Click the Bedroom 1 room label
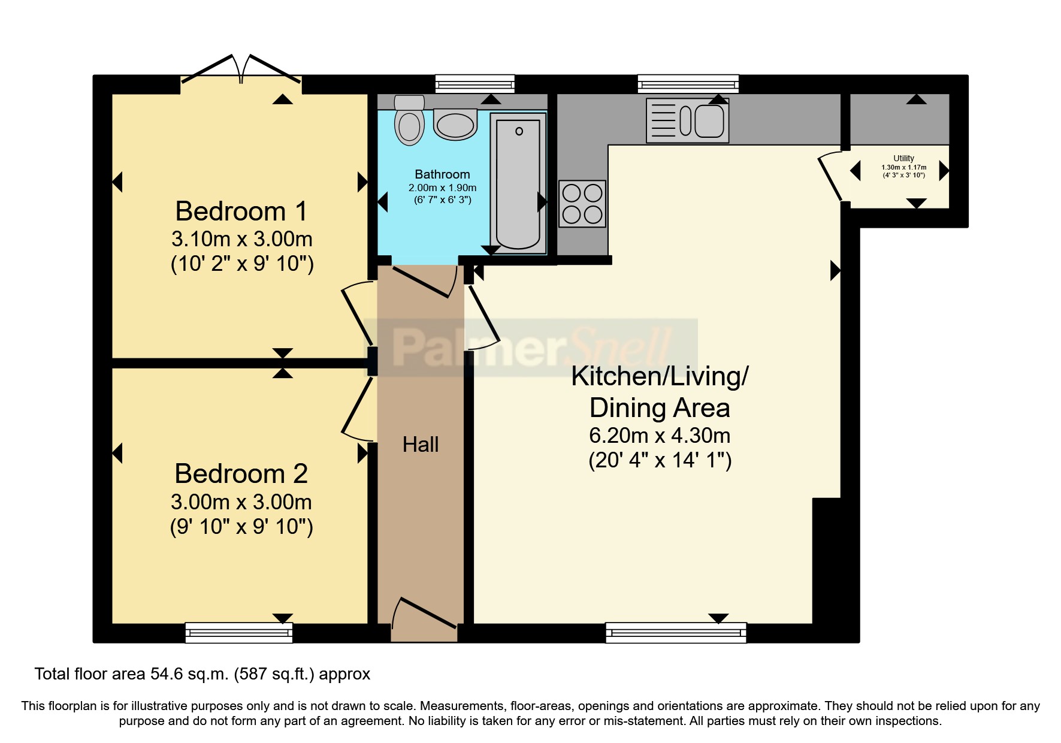click(241, 212)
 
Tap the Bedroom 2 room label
click(241, 474)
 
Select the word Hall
click(421, 445)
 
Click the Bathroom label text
click(442, 174)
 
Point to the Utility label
click(903, 158)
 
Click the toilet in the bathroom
click(410, 120)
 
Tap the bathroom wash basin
click(455, 124)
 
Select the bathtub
click(518, 183)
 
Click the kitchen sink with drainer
click(688, 120)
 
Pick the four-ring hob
click(582, 204)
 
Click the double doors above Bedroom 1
click(241, 68)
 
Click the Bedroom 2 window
click(239, 633)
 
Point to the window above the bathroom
click(474, 84)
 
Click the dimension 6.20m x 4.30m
click(660, 436)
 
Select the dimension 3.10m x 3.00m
click(242, 239)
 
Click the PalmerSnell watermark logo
click(531, 348)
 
